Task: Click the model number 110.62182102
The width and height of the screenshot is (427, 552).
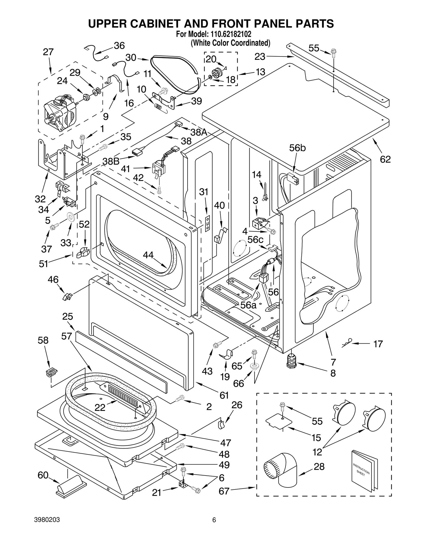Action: tap(229, 34)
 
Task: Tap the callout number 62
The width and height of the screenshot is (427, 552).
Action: tap(385, 159)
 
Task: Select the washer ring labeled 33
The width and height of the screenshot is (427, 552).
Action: tap(71, 216)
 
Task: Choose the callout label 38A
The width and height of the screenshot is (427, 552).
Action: tap(199, 132)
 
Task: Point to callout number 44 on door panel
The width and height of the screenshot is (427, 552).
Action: tap(148, 255)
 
